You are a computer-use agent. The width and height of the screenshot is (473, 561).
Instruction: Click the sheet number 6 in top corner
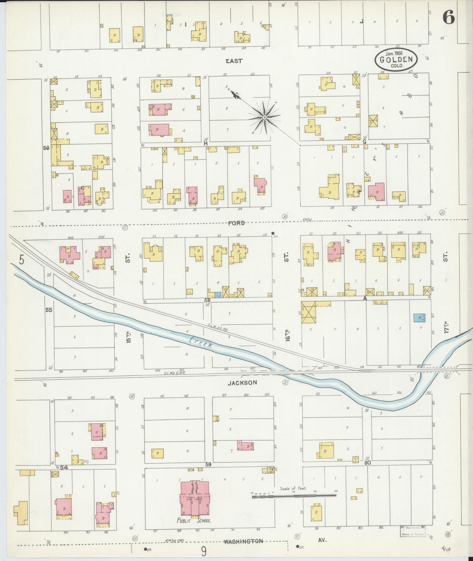(449, 17)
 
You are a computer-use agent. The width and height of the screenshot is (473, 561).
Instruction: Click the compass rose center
(264, 117)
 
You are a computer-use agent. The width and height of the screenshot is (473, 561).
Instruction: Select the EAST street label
(234, 61)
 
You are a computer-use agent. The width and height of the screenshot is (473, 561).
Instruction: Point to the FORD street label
(236, 223)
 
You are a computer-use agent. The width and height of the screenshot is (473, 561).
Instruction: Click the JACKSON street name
(243, 382)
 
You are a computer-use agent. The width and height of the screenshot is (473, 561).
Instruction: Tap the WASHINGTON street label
(243, 541)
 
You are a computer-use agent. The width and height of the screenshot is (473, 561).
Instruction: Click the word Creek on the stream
(201, 343)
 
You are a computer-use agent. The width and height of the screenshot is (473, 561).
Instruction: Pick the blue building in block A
(420, 318)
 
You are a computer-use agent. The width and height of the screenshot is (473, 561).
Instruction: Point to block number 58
(207, 301)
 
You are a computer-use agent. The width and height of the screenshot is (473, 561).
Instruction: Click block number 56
(46, 148)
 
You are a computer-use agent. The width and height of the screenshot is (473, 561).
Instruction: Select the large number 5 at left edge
(21, 260)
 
